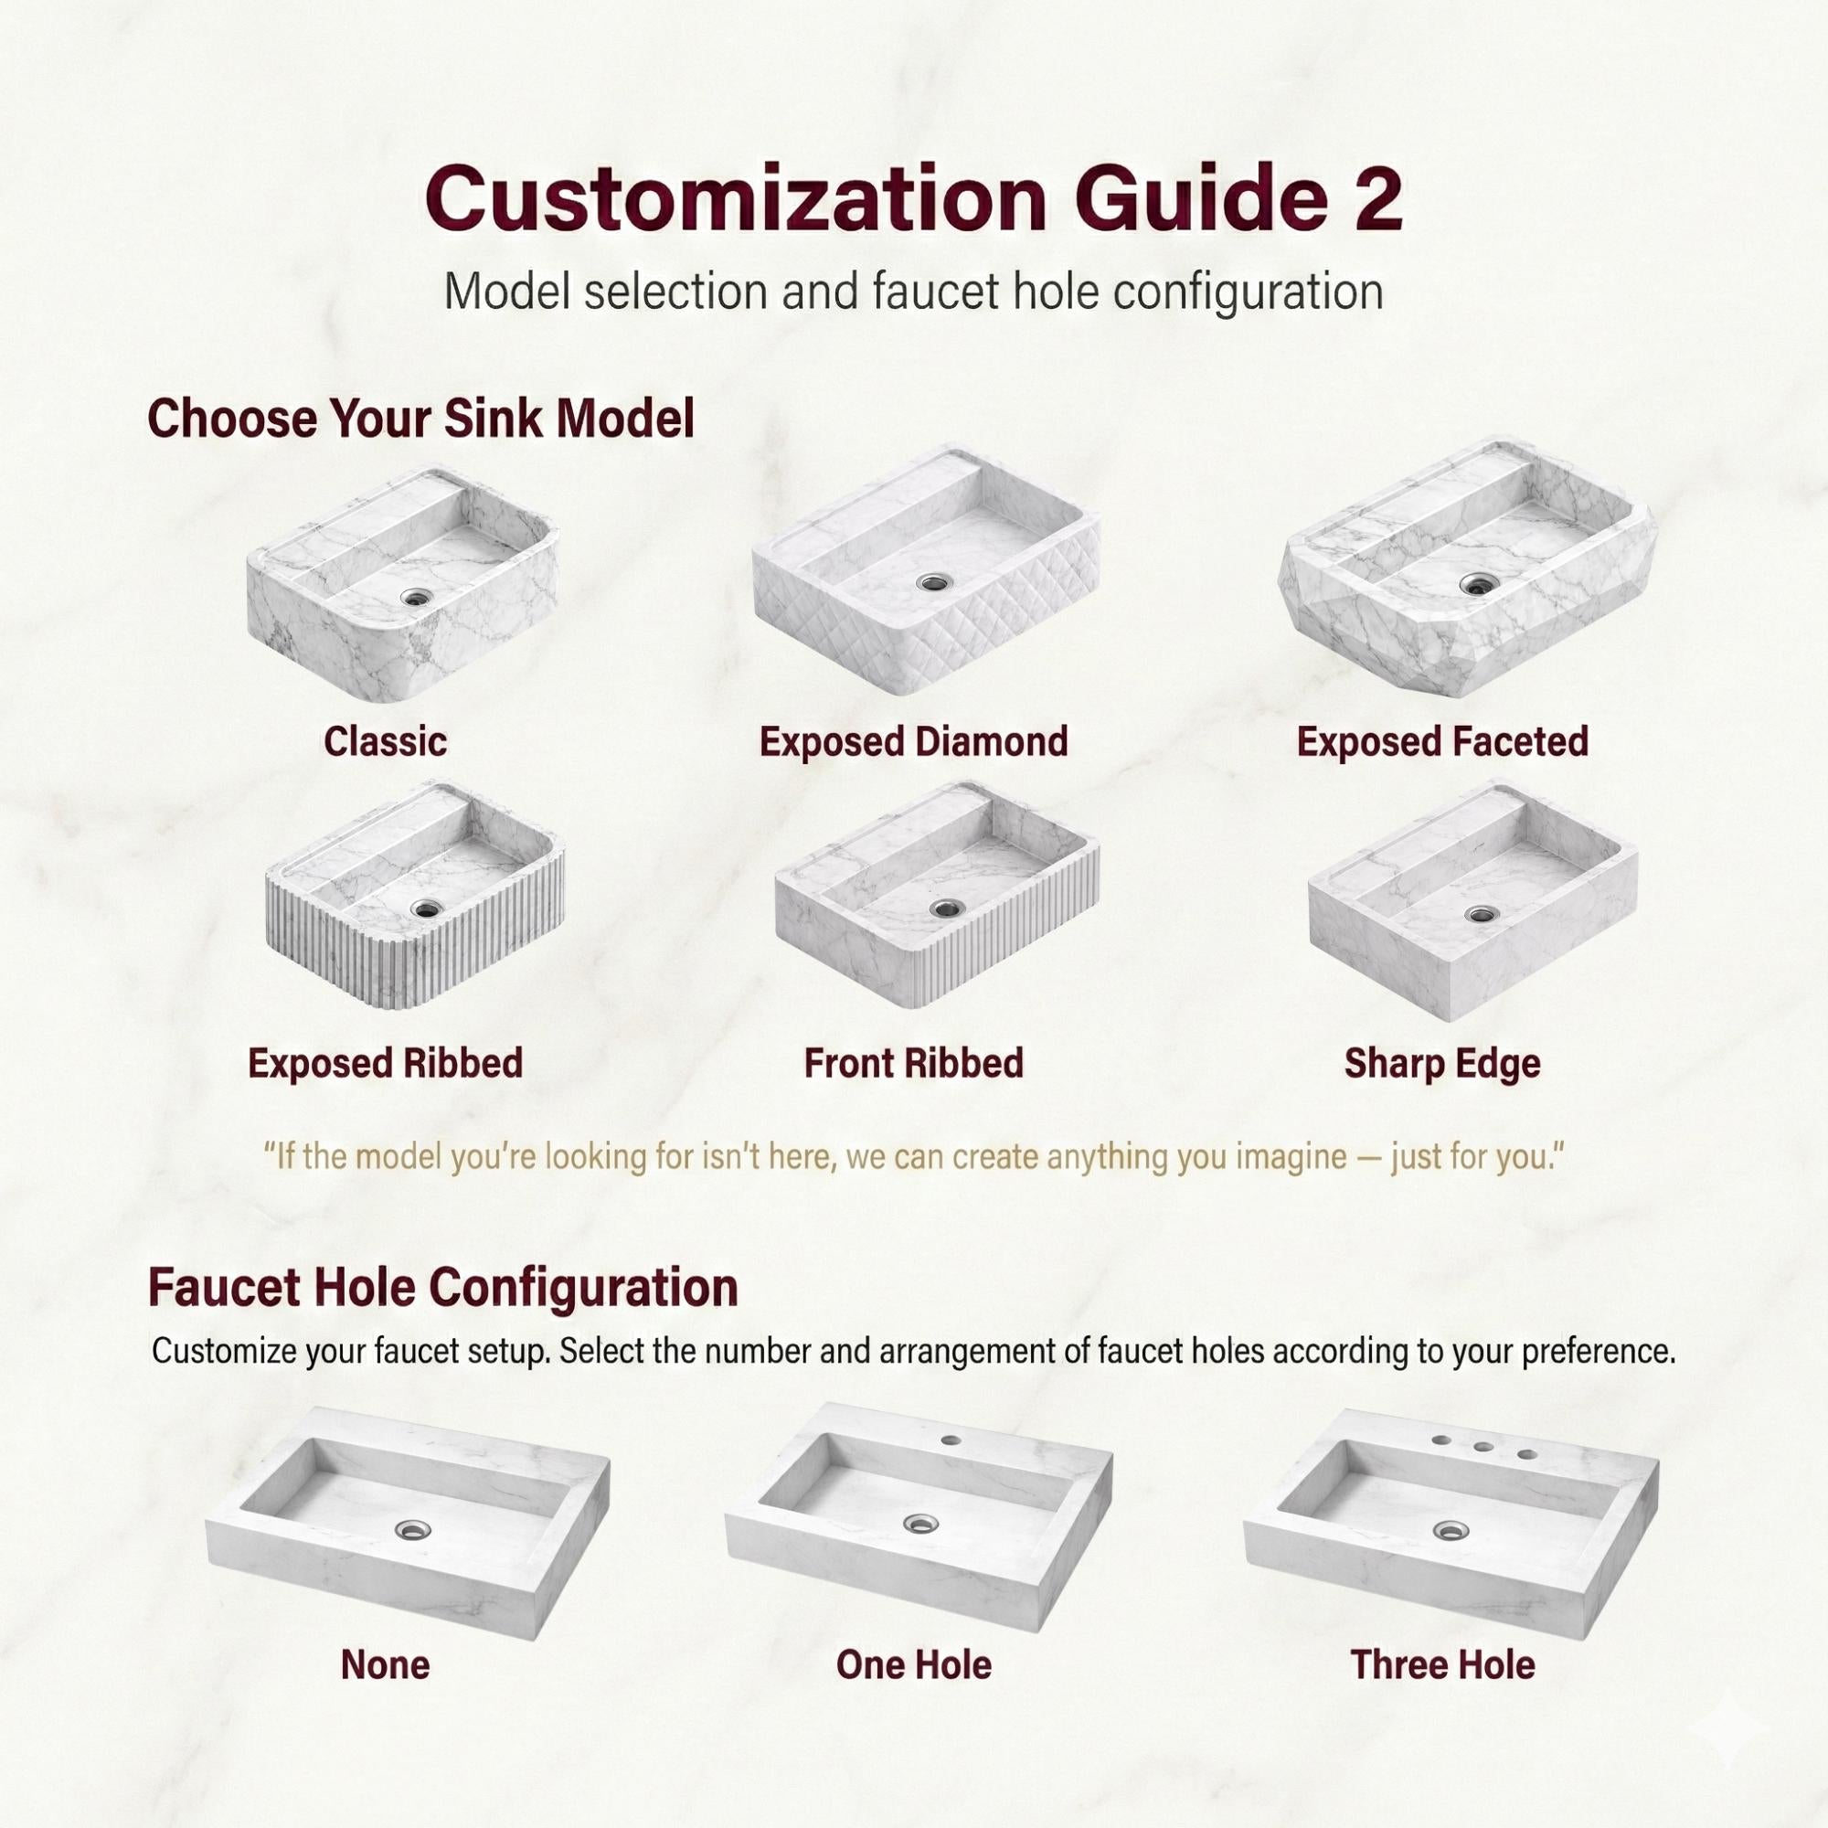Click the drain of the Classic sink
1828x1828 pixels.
(x=415, y=596)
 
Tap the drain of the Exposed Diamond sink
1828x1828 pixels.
(x=931, y=582)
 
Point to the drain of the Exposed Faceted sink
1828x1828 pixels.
(x=1474, y=583)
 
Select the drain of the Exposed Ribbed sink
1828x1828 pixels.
(x=426, y=909)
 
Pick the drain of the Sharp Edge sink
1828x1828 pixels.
(x=1481, y=914)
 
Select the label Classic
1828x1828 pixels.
(x=385, y=742)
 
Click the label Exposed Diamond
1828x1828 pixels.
(x=913, y=742)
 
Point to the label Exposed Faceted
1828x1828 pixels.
(x=1442, y=742)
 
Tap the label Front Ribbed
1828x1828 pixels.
(x=913, y=1064)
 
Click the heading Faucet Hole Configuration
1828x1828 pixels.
(x=442, y=1288)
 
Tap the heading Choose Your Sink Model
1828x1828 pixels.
(x=421, y=419)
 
